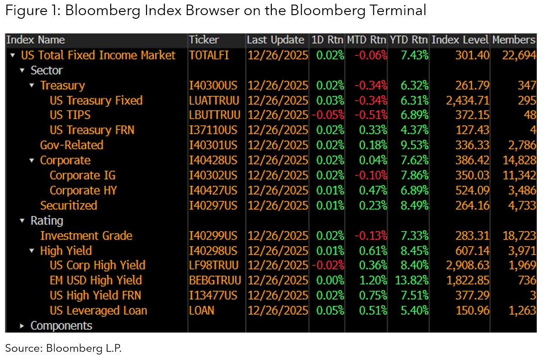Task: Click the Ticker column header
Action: [204, 40]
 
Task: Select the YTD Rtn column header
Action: [409, 40]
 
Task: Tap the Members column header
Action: [513, 40]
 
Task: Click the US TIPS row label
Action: [70, 115]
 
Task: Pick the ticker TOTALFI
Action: [209, 55]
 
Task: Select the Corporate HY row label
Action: [83, 190]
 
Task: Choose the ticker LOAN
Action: [202, 311]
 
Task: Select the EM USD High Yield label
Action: [96, 280]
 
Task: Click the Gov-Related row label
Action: [71, 145]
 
